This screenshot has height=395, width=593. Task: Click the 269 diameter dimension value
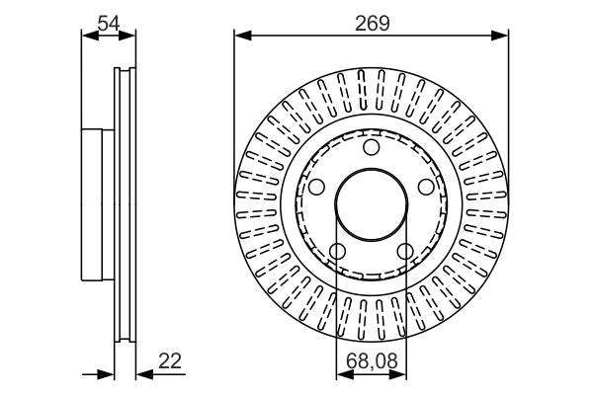coord(371,22)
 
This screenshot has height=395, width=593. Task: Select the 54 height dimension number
coord(108,22)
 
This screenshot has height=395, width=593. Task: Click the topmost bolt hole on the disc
coord(371,148)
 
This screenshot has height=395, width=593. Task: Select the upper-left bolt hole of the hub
coord(316,187)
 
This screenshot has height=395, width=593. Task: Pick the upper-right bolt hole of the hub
coord(425,187)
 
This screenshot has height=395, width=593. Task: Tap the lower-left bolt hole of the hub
coord(337,251)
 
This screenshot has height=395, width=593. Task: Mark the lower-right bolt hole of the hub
coord(404,251)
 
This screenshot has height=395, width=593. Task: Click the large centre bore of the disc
coord(371,205)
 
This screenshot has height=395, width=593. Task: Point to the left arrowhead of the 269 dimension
coord(241,36)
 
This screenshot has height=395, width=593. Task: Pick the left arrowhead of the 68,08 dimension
coord(342,374)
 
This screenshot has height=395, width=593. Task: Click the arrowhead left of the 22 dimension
coord(108,374)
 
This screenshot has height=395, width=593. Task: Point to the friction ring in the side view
coord(125,205)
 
